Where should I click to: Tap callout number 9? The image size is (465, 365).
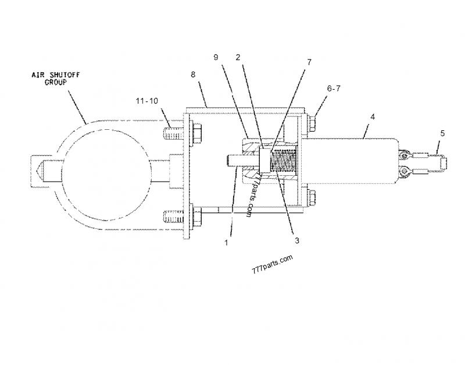[x=216, y=58]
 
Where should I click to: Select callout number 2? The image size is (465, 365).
[x=238, y=57]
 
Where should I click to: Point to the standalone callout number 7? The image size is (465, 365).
[x=309, y=61]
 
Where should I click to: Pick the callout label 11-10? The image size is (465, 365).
[x=148, y=101]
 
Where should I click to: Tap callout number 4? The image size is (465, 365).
[x=373, y=117]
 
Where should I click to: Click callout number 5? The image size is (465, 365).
[x=442, y=133]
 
